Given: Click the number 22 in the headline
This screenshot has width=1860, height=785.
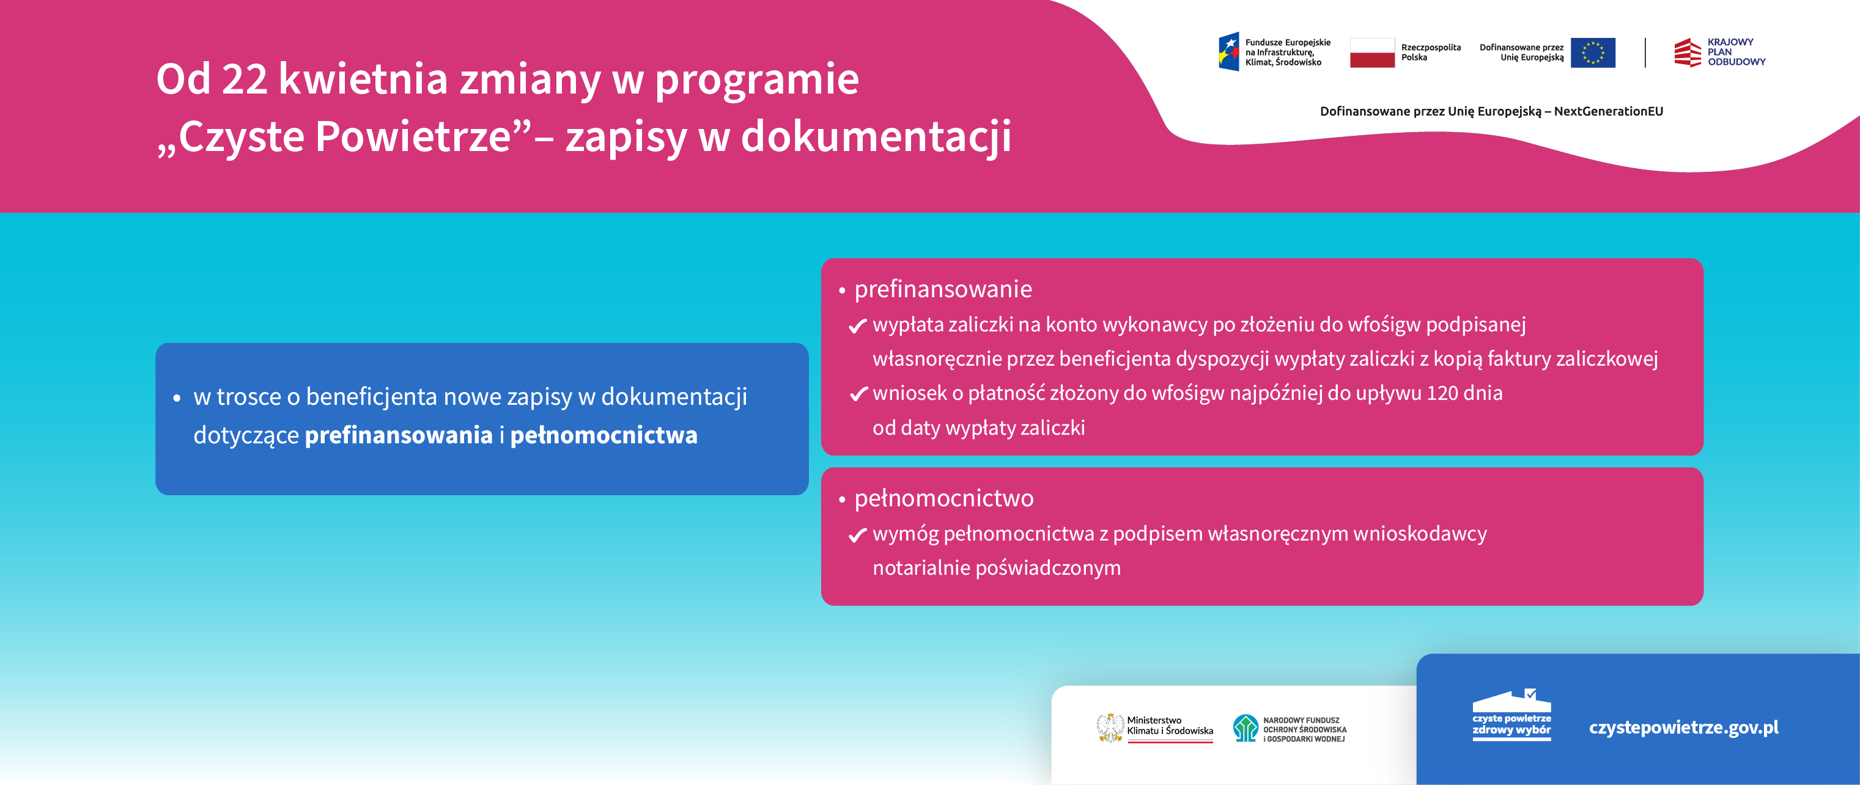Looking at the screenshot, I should pos(244,79).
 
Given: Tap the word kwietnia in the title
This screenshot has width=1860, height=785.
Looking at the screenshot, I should pos(363,79).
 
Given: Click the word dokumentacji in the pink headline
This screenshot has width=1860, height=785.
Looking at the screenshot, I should pos(876,137).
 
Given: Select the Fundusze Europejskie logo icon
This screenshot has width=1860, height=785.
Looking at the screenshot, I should pos(1229,52).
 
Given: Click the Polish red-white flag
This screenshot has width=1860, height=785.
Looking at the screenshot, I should pos(1372,53).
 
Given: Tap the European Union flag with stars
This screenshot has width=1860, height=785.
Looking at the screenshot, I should pos(1592,53).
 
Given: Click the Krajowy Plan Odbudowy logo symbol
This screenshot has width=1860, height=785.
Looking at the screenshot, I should pos(1688,53).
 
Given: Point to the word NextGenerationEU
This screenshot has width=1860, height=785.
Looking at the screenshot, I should pos(1608,111).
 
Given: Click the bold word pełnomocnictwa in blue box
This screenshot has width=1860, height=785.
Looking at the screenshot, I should pos(603,435).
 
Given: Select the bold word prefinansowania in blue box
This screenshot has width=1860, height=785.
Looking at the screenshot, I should pos(399,435).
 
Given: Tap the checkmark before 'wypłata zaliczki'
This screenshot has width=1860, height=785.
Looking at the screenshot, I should pos(857,326).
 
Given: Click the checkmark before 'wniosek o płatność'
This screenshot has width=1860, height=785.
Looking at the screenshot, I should pos(857,394).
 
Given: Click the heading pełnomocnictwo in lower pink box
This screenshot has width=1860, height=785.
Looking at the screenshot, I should pos(943,499).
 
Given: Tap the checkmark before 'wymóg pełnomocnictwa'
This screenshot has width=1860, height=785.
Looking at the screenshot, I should pos(857,535).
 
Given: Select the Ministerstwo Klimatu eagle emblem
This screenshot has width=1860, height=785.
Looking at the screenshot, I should pos(1109,728).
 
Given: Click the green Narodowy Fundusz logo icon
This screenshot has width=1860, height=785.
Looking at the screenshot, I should pos(1245,728).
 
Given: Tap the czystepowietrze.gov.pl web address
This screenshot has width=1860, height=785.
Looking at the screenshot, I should pos(1683,728).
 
